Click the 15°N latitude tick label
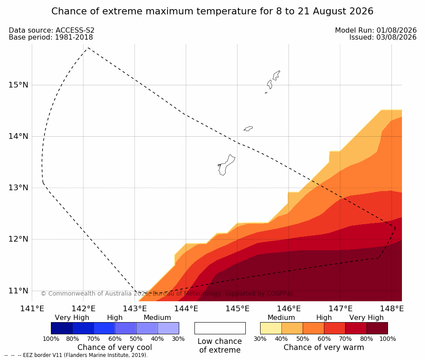(18, 85)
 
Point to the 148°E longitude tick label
(392, 309)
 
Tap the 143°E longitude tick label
(135, 309)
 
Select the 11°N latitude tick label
(18, 291)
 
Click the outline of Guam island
(231, 156)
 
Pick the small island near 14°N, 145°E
(248, 128)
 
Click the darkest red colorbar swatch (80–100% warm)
(377, 328)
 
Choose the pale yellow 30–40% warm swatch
(271, 328)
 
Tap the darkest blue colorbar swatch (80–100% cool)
(62, 328)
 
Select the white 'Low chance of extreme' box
(220, 328)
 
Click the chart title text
(212, 11)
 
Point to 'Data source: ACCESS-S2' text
(51, 30)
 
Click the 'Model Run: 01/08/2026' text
(376, 30)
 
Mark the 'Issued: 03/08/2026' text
(383, 37)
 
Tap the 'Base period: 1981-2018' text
(51, 37)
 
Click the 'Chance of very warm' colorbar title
(324, 347)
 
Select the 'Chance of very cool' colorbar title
(115, 347)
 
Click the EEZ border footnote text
(76, 355)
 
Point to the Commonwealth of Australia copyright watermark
(167, 293)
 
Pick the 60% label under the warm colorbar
(324, 339)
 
